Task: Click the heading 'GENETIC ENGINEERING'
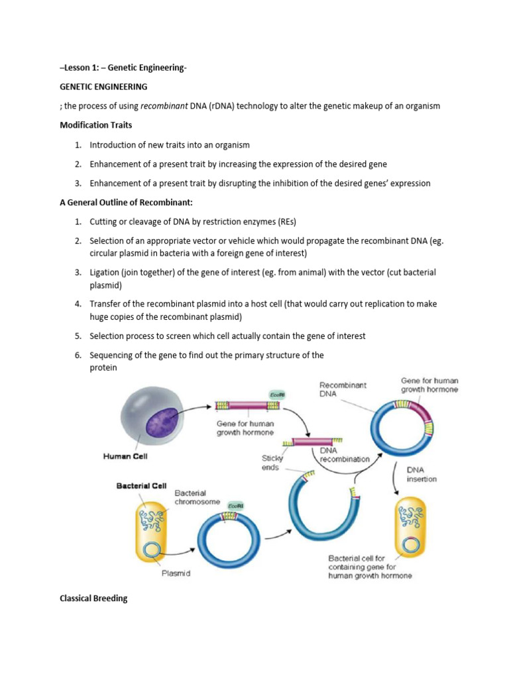click(x=103, y=87)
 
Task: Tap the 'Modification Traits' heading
click(x=96, y=125)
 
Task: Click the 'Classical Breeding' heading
click(x=93, y=599)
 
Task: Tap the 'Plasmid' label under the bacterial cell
click(x=176, y=573)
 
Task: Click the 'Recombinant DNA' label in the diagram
click(x=343, y=389)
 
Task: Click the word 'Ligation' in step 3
click(x=106, y=272)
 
